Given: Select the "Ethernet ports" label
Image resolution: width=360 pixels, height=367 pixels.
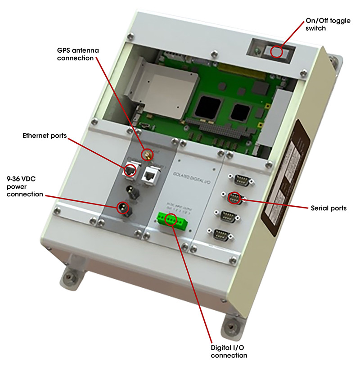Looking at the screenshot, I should point(45,136).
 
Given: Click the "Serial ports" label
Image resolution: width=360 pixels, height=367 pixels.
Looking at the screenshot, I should point(328,208).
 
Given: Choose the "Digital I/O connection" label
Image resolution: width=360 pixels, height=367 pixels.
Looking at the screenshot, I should point(229,351).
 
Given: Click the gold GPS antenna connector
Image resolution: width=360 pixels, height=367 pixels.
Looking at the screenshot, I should point(147,155).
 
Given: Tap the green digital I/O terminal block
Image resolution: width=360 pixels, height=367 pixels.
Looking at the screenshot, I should point(171,219).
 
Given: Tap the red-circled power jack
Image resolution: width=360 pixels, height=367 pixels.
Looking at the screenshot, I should point(122,208).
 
